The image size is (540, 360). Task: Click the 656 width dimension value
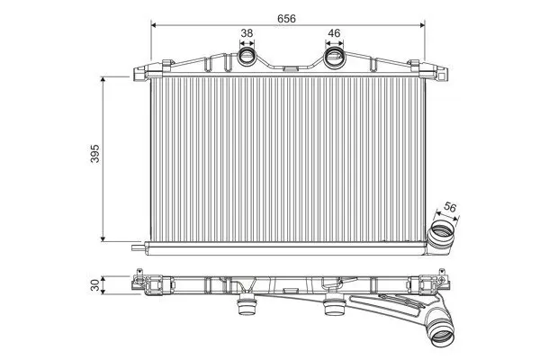coord(286,19)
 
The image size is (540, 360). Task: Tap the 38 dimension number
coord(247,33)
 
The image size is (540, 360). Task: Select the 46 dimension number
coord(334,33)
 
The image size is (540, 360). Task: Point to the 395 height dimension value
coord(94,154)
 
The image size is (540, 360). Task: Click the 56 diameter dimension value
coord(450,207)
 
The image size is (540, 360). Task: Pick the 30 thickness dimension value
coord(94,284)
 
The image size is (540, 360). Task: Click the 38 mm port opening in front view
coord(247,56)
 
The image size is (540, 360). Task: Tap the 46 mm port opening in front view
coord(334,56)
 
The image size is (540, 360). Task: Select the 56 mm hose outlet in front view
coord(441,238)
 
